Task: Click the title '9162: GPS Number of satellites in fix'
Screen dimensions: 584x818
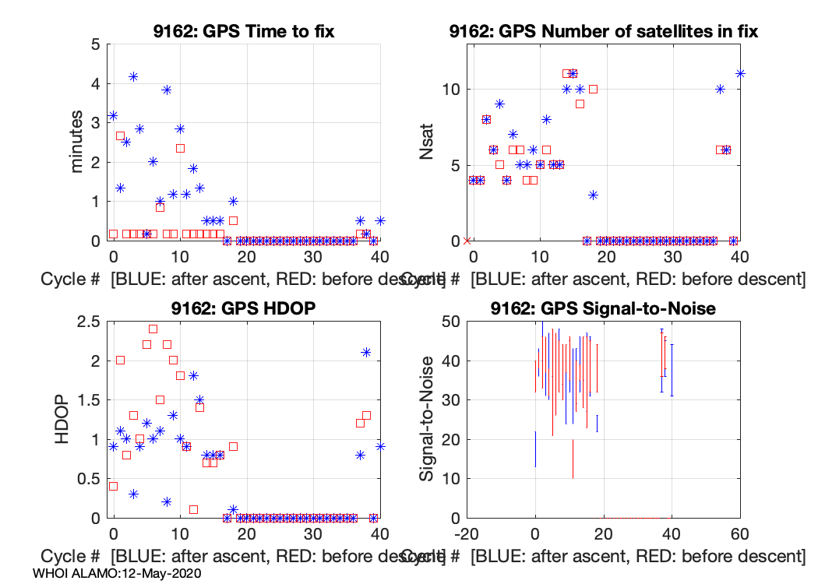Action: [604, 32]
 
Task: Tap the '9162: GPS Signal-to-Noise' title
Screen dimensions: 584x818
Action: [604, 309]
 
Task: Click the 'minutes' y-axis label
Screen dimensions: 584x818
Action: [76, 142]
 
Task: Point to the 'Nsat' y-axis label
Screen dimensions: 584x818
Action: [426, 142]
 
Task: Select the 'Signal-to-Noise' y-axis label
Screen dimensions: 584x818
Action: [426, 420]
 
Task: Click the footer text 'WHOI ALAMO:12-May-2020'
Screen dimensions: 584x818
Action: [118, 573]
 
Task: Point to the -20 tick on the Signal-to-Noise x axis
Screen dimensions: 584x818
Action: [466, 534]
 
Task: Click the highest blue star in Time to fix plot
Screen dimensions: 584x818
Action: [133, 76]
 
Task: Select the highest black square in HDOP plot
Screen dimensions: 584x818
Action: [153, 329]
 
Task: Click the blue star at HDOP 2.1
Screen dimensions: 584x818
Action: [366, 352]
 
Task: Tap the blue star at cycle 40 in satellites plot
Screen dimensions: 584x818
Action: [740, 74]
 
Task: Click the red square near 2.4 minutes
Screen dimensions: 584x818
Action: [180, 148]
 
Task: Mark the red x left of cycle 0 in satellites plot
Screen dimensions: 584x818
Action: [467, 241]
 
